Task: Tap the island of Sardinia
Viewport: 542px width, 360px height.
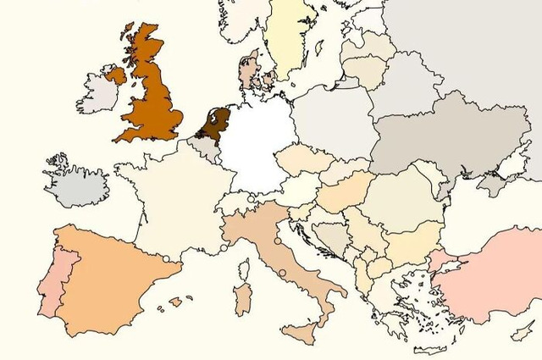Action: point(242,299)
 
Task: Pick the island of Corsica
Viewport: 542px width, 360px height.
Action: point(244,270)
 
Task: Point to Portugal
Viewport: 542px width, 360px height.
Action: point(51,284)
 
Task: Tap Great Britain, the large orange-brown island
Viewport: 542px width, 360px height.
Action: point(152,102)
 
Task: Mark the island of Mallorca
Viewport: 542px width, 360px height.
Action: point(177,301)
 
